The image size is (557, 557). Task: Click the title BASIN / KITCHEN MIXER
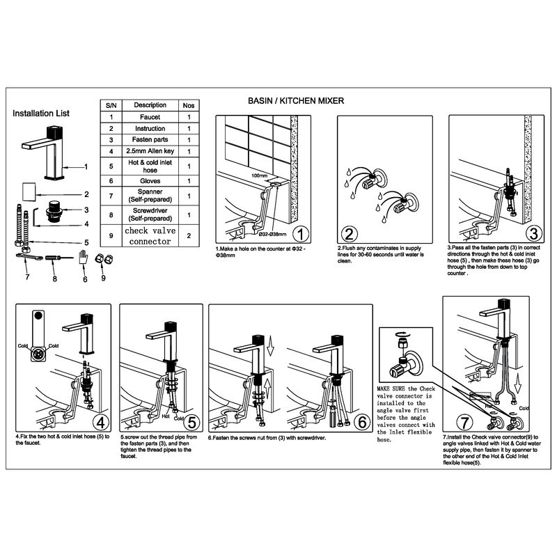296,101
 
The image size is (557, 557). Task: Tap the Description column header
150,104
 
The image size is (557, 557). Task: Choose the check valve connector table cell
149,235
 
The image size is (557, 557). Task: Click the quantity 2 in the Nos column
189,235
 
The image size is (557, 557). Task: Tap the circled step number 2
350,233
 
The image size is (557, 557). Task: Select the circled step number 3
533,233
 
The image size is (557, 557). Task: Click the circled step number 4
100,422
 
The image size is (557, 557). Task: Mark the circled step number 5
192,422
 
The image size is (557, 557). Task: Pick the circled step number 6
361,422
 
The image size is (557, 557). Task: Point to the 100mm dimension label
259,176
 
